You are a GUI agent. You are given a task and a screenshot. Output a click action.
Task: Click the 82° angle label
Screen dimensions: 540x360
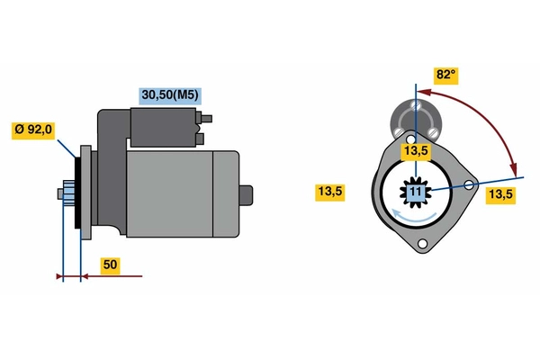[446, 75]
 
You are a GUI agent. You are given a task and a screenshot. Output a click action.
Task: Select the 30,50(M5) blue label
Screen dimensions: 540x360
[170, 95]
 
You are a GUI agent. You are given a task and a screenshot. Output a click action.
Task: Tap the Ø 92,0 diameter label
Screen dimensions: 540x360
[33, 130]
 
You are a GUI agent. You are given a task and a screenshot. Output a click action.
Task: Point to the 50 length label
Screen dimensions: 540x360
[110, 265]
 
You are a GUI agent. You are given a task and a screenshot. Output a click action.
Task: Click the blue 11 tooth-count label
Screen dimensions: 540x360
[416, 192]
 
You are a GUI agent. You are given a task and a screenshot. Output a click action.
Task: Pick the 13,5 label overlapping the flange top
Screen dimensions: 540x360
[416, 151]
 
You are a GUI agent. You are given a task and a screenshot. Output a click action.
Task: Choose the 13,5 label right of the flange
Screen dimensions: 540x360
[500, 195]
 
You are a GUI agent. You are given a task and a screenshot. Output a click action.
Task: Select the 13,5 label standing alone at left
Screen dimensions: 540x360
[330, 192]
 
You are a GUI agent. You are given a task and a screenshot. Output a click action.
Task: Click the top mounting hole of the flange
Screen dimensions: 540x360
[410, 139]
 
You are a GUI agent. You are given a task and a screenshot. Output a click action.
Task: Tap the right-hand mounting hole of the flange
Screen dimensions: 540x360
[469, 185]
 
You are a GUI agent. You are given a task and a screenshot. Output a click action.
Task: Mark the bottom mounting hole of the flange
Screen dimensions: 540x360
[422, 244]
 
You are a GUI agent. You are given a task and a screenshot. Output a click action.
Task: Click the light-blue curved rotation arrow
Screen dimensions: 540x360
[414, 216]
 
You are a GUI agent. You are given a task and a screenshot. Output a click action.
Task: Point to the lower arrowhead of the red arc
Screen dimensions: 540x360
[514, 169]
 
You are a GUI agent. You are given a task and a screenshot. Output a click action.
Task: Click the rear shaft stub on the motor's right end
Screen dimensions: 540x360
[246, 195]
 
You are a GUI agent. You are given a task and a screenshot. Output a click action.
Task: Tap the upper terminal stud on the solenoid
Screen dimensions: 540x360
[206, 119]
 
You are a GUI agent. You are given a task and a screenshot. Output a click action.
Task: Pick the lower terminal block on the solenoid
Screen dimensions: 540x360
[200, 139]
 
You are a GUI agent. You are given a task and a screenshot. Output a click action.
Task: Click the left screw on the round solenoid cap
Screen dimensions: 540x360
[399, 131]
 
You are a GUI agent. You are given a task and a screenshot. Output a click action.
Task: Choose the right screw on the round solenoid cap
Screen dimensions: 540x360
[432, 131]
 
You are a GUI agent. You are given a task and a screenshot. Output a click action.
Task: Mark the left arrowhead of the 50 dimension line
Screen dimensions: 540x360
[59, 276]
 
